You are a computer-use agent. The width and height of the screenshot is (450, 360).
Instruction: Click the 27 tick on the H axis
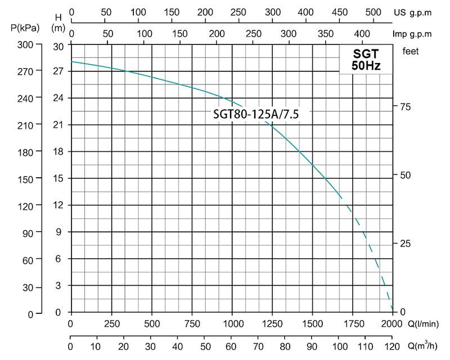coord(57,71)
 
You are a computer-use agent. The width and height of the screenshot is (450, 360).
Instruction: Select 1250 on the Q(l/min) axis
coord(272,323)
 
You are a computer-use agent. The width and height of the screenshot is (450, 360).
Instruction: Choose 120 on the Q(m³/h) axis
coord(392,345)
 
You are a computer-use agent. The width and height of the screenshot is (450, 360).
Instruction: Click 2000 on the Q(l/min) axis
coord(391,323)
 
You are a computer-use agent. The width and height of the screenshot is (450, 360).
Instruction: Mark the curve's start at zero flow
coord(71,61)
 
